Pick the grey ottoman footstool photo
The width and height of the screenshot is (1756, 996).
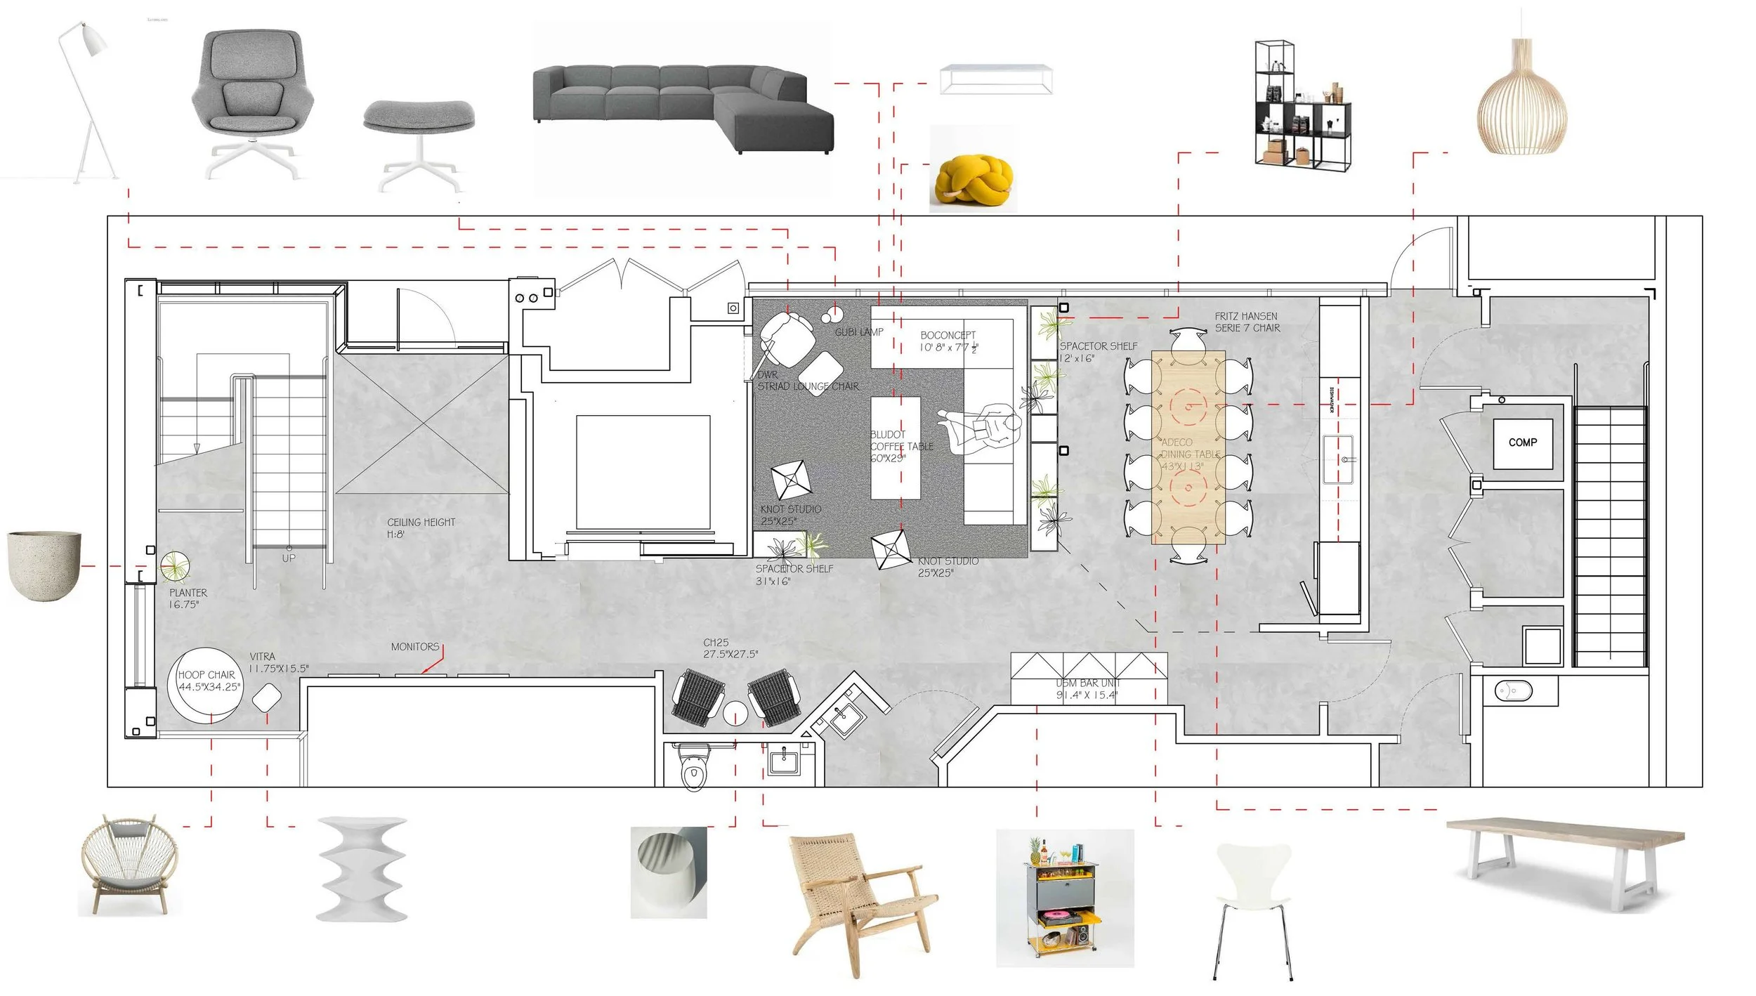pyautogui.click(x=419, y=140)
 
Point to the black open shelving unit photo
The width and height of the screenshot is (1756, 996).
pyautogui.click(x=1302, y=105)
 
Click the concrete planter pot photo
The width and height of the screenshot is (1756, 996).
pyautogui.click(x=44, y=565)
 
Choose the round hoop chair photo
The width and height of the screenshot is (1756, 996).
pyautogui.click(x=125, y=865)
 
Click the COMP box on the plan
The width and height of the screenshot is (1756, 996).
pyautogui.click(x=1522, y=443)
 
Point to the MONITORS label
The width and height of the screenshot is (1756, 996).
pyautogui.click(x=414, y=646)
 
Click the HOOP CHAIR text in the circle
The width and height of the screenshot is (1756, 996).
pyautogui.click(x=206, y=675)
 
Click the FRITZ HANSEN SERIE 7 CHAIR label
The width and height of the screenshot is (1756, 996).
pyautogui.click(x=1247, y=322)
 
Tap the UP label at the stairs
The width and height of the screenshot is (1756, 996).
pyautogui.click(x=289, y=558)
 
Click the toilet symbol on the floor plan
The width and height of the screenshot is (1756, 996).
pyautogui.click(x=693, y=773)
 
